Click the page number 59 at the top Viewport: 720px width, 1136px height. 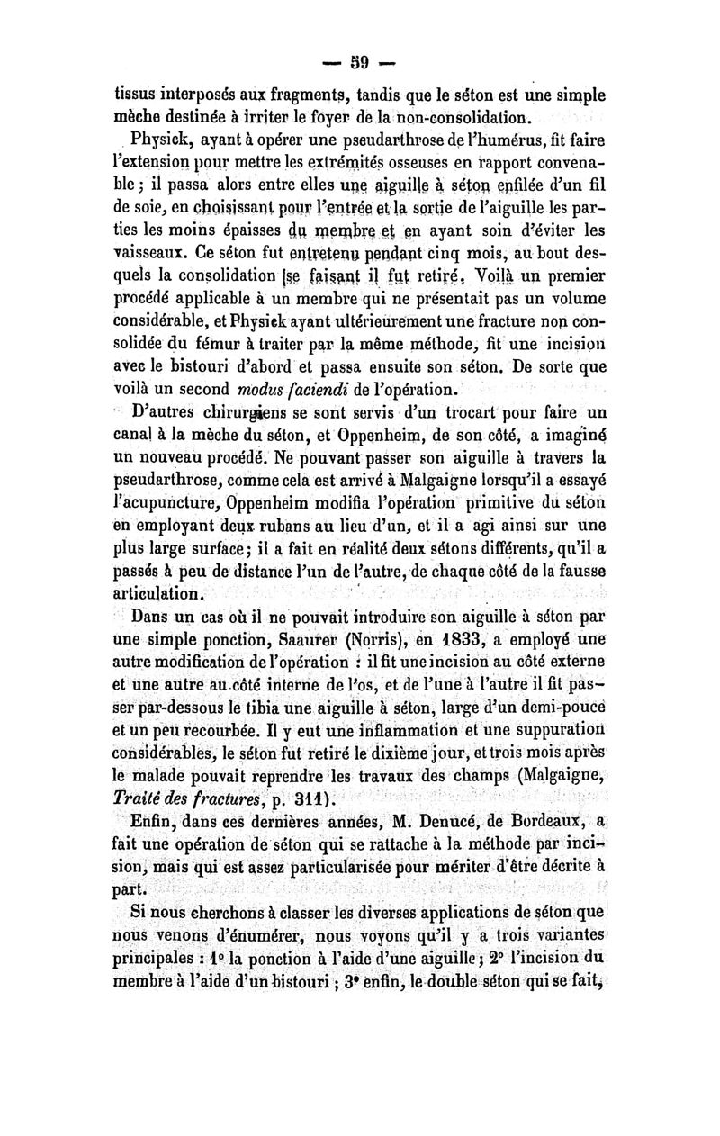359,64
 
